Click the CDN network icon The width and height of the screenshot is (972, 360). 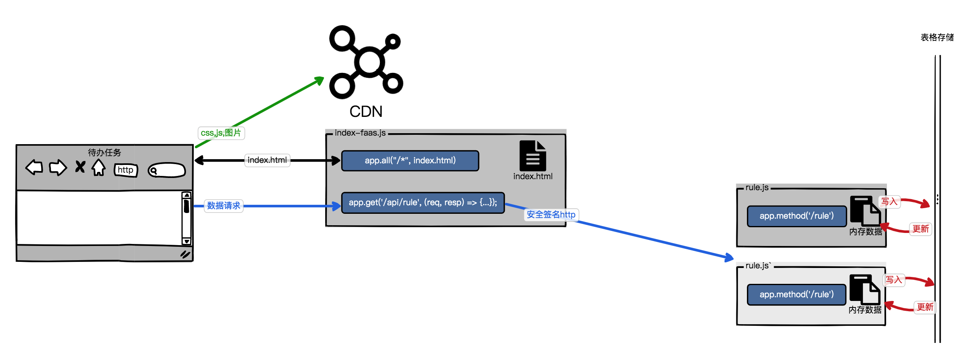tap(366, 62)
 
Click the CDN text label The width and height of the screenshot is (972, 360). tap(366, 112)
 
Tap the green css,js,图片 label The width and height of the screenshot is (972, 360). tap(221, 133)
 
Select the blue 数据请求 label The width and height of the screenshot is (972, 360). tap(223, 206)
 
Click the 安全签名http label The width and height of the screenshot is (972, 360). tap(551, 215)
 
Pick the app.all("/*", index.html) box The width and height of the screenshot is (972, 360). tap(410, 161)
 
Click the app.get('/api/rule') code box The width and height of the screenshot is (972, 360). tap(423, 203)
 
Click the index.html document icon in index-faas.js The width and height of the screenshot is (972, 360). tap(532, 156)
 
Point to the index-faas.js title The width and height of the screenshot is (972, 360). tap(360, 133)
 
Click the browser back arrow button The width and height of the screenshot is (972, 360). tap(34, 167)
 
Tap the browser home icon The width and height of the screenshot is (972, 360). tap(99, 167)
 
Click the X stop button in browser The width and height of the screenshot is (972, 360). tap(80, 167)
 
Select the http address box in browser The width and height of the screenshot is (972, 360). tap(126, 170)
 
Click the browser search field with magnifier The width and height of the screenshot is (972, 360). tap(167, 170)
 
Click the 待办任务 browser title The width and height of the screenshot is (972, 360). tap(105, 152)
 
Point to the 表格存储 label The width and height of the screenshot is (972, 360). tap(937, 37)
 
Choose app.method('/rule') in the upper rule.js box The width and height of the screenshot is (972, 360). tap(797, 216)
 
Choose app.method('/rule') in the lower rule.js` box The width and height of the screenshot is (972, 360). tap(797, 294)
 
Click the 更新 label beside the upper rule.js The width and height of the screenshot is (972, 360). tap(920, 229)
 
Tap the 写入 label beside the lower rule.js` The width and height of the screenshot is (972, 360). tap(894, 280)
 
